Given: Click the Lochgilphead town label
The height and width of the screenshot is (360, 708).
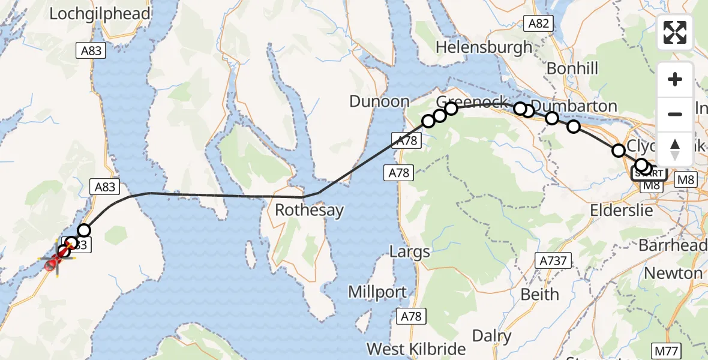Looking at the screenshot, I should [x=100, y=14].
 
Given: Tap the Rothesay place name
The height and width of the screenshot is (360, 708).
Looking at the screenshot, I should [x=310, y=211].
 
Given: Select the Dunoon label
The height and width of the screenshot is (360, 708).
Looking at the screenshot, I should [x=379, y=101].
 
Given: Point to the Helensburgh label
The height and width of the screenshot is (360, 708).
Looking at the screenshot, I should [x=484, y=47].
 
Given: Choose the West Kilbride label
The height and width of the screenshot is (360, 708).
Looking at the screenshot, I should [x=416, y=349].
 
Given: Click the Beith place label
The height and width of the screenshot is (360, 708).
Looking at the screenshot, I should [x=540, y=295].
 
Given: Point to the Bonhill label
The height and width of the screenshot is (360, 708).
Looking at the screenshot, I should [x=572, y=68].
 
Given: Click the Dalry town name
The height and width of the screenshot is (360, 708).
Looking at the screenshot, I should [x=492, y=335].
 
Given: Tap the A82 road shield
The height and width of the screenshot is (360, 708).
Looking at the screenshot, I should [x=538, y=23].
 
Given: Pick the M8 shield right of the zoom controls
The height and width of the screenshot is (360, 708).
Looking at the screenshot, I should [x=685, y=179].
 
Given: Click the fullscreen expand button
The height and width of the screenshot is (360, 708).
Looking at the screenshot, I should [x=675, y=32].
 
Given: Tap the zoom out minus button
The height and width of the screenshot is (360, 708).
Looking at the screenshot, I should [x=675, y=114].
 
